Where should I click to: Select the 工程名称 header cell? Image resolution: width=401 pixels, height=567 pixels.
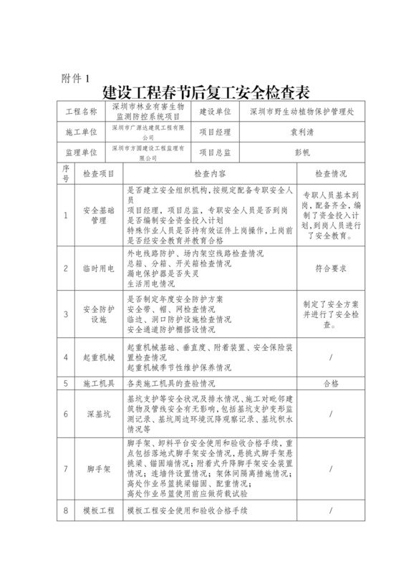click(x=81, y=112)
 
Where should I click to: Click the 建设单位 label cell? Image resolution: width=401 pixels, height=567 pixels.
click(x=214, y=112)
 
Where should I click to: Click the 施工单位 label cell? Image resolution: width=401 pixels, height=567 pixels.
click(x=81, y=132)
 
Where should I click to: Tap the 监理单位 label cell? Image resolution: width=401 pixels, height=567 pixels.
click(x=81, y=152)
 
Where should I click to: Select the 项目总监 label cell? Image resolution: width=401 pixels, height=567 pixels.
click(x=214, y=152)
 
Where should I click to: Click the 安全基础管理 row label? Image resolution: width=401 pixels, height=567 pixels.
click(x=99, y=215)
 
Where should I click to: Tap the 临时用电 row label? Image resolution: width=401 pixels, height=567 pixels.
click(x=99, y=268)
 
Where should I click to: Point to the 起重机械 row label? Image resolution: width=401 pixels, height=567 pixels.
click(x=99, y=356)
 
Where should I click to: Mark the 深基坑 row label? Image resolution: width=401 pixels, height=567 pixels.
click(x=99, y=414)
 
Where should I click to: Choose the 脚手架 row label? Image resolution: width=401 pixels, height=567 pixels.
click(x=99, y=469)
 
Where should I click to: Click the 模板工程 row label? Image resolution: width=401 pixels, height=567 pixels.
click(x=99, y=511)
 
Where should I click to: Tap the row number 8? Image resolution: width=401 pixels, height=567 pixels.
click(x=65, y=511)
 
